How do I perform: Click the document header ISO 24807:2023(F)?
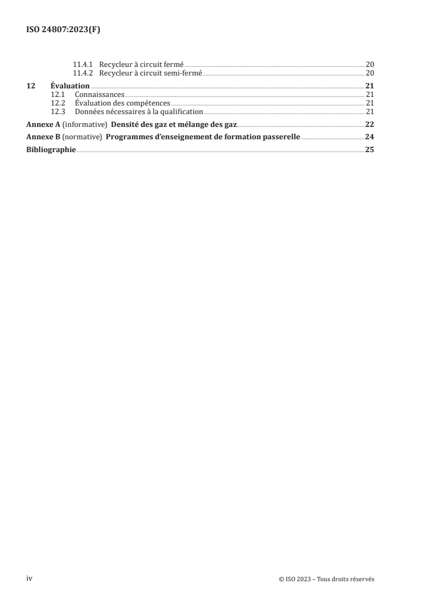point(63,31)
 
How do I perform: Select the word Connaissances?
point(100,95)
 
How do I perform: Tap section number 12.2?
point(57,103)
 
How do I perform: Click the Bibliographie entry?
point(51,150)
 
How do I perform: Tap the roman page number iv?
point(30,579)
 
